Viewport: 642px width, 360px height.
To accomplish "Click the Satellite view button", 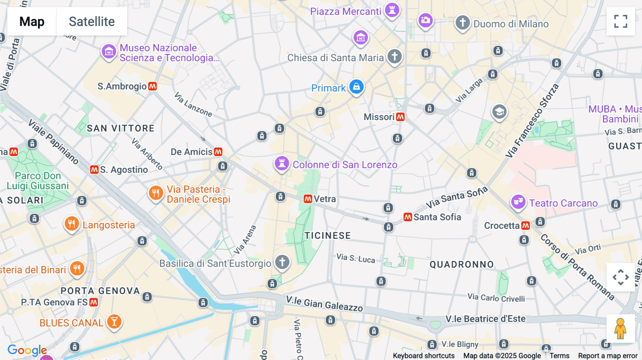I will (92, 21).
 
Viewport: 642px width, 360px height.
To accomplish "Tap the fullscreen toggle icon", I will (621, 21).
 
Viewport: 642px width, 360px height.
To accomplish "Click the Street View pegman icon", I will (620, 329).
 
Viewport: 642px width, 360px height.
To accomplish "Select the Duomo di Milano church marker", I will (463, 23).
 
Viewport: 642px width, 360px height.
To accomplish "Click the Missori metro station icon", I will (401, 117).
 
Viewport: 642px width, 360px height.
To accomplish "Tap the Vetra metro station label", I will (325, 199).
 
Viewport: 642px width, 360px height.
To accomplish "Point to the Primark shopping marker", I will (356, 87).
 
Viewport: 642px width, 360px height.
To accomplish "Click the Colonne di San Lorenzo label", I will (345, 165).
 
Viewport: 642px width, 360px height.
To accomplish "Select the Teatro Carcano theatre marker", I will (518, 202).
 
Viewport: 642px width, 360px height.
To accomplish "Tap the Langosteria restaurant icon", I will (72, 224).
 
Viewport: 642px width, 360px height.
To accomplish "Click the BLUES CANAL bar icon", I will (114, 322).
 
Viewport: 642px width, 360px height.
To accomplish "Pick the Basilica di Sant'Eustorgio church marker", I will (282, 262).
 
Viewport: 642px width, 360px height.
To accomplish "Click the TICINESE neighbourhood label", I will (327, 236).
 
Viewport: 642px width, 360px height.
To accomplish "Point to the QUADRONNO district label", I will (462, 264).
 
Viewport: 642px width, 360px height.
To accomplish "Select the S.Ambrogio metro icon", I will (153, 86).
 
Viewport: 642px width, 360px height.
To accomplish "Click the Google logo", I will (27, 350).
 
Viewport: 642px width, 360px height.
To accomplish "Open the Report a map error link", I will (607, 356).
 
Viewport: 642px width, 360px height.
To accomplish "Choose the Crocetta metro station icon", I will (525, 226).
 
